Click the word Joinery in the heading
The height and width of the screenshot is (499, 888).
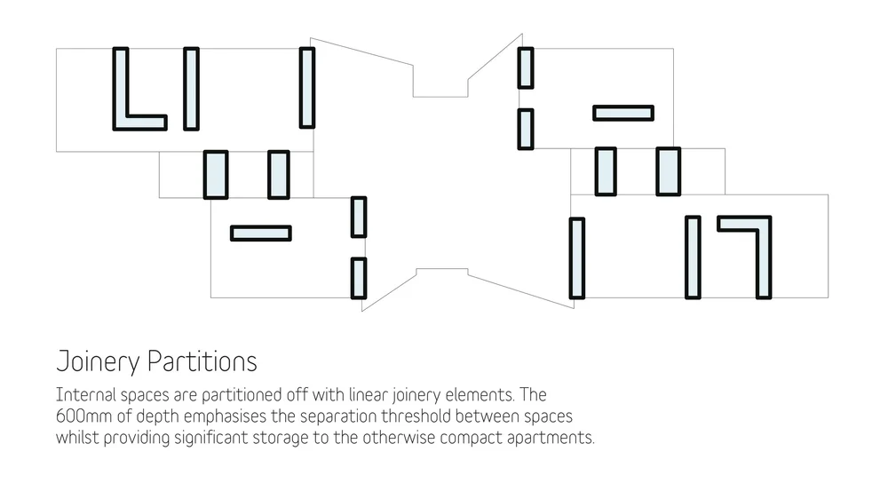[x=98, y=362]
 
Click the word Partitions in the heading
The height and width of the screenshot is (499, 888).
[x=202, y=362]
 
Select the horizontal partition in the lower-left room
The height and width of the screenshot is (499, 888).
[x=261, y=233]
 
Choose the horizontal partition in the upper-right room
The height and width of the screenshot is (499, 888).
[x=623, y=113]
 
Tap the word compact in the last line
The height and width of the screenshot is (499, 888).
[x=475, y=438]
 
